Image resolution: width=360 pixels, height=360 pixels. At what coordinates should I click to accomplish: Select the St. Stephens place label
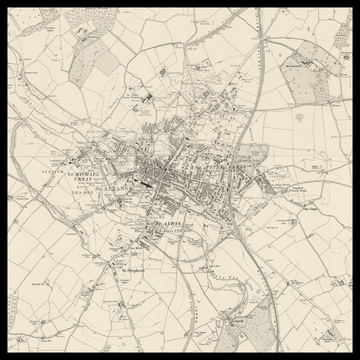click(133, 269)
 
